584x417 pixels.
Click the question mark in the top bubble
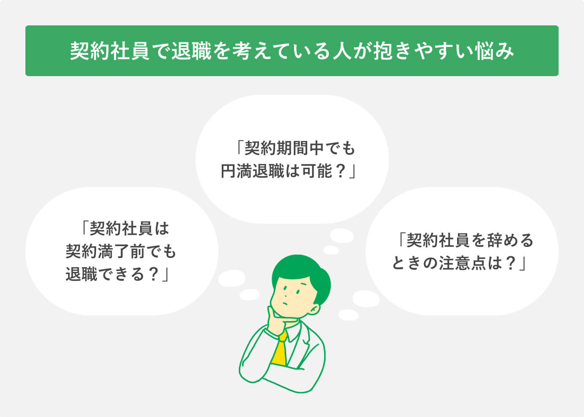[x=341, y=171]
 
